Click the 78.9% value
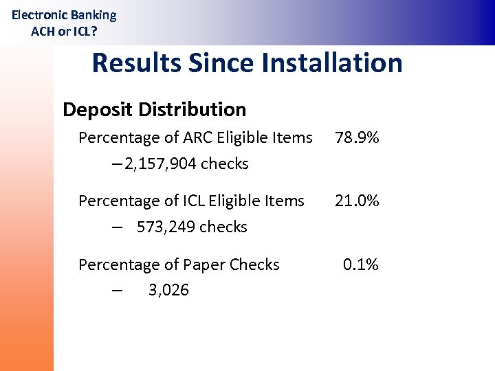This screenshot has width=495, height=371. [357, 137]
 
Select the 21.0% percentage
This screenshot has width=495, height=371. [357, 201]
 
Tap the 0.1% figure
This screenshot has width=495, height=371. [361, 265]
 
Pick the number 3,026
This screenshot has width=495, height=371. [168, 290]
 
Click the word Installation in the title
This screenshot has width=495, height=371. [331, 63]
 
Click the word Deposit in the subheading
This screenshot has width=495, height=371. [98, 109]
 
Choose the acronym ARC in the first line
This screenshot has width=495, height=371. [198, 137]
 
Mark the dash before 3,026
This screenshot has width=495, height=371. [118, 290]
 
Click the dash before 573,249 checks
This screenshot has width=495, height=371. [118, 227]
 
